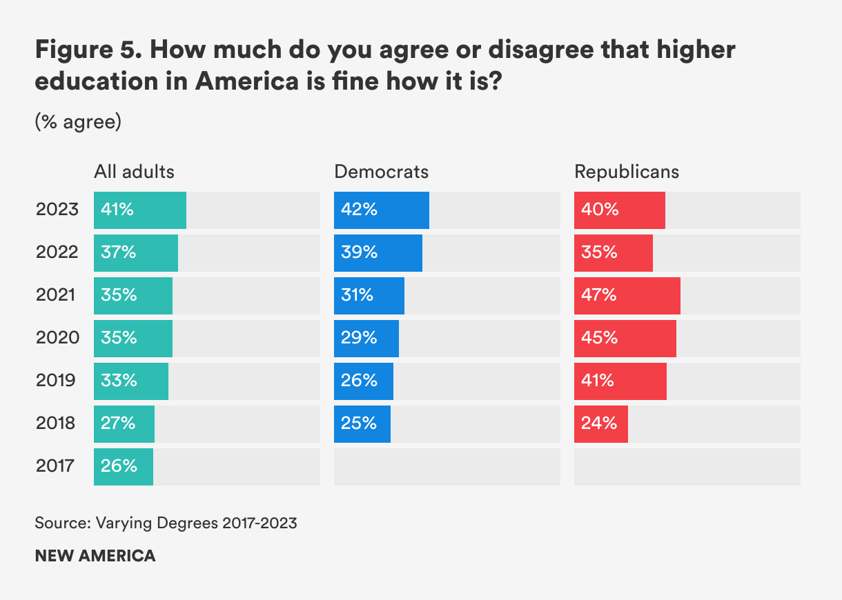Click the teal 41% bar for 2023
pos(140,210)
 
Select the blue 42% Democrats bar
pos(381,210)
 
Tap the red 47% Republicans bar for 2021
pos(627,295)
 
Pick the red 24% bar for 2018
pos(600,423)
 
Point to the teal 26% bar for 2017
pos(124,466)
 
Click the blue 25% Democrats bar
pos(362,423)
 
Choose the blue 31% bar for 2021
pos(369,295)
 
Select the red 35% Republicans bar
pos(613,252)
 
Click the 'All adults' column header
pos(134,172)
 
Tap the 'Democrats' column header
pos(381,172)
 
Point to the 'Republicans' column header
pos(627,172)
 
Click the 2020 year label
pos(57,338)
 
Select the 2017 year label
pos(55,466)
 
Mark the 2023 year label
pos(57,210)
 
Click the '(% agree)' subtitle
pos(78,123)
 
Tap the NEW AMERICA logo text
pos(95,556)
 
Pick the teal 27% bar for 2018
pos(124,423)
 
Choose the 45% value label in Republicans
pos(599,338)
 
